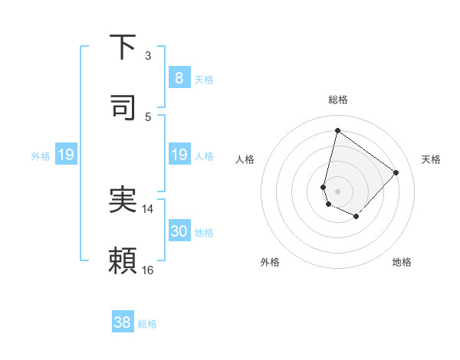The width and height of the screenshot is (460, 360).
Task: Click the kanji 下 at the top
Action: [x=123, y=48]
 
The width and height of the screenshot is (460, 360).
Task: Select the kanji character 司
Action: [x=123, y=108]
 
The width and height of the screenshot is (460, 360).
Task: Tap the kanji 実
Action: [x=123, y=201]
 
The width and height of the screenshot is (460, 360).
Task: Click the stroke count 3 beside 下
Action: [x=148, y=56]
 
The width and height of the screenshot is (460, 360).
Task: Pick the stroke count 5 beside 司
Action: [x=148, y=116]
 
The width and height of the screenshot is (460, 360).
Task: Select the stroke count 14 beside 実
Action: [x=148, y=208]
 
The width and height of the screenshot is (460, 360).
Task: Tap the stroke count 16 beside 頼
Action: [x=148, y=270]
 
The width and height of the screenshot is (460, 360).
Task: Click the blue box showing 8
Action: [x=179, y=77]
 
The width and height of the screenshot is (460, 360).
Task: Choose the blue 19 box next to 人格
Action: [x=179, y=155]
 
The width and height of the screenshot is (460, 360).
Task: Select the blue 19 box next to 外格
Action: [x=66, y=155]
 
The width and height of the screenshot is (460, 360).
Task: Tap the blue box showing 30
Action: [x=179, y=231]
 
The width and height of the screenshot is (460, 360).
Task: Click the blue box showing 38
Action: [x=123, y=322]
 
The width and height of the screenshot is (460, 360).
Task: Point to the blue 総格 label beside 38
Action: [x=147, y=324]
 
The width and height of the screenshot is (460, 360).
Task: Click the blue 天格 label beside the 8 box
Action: [x=204, y=79]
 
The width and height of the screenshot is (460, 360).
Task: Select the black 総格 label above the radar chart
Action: [x=337, y=100]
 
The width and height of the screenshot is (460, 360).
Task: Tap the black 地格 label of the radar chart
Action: [x=402, y=262]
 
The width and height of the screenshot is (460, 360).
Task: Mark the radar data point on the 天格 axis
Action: [x=396, y=172]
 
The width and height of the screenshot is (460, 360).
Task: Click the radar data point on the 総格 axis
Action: [x=337, y=130]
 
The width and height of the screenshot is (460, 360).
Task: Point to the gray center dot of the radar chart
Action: [x=337, y=191]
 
